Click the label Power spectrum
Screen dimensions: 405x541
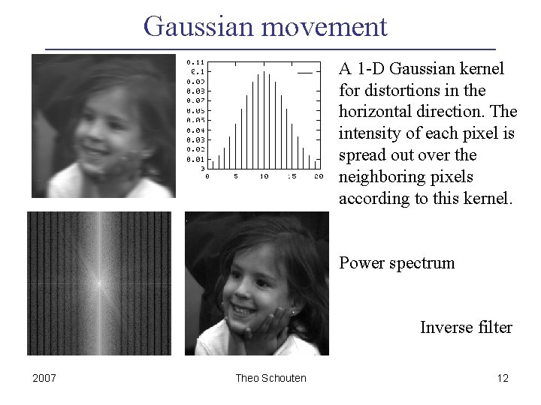(x=397, y=263)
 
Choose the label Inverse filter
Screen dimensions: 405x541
(x=466, y=328)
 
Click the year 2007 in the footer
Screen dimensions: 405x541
(x=44, y=378)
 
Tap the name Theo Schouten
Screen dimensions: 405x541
(x=270, y=378)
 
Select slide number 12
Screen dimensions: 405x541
(x=503, y=378)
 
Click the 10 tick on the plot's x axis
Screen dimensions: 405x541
(x=264, y=177)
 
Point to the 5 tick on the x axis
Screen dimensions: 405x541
(x=236, y=177)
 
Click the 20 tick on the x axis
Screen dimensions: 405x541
(x=319, y=177)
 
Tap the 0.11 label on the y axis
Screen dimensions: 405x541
(x=195, y=61)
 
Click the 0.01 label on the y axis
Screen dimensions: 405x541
(x=195, y=159)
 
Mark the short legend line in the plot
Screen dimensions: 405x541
(x=304, y=73)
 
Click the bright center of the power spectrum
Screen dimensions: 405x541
(x=98, y=283)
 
